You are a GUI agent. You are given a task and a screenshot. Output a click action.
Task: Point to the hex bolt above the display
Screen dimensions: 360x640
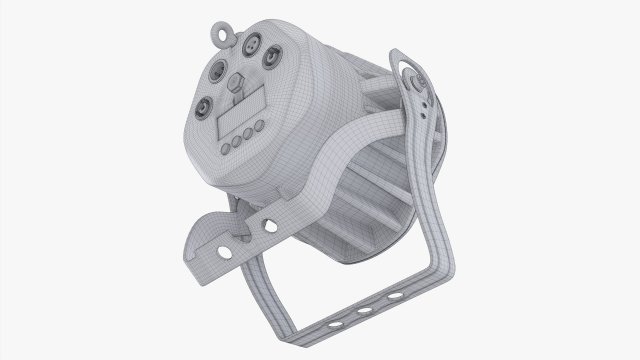pyautogui.click(x=240, y=83)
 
